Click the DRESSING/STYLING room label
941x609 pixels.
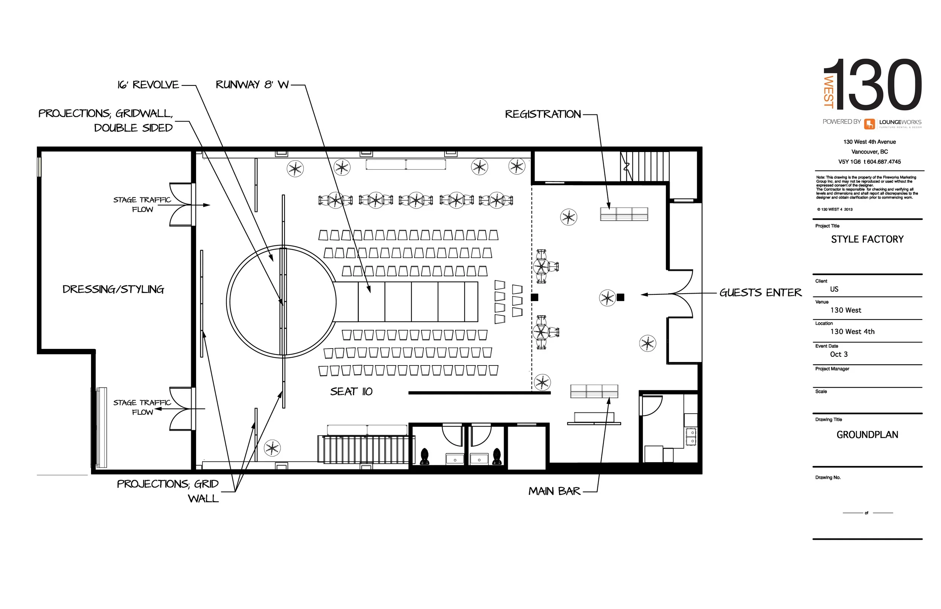click(x=113, y=289)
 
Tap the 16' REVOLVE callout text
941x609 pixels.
click(x=148, y=85)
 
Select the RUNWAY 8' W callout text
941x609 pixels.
click(x=252, y=85)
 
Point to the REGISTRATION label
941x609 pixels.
click(x=543, y=114)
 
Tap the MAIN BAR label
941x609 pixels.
click(x=554, y=491)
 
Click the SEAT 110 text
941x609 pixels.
click(x=351, y=391)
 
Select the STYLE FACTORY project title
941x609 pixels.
click(x=867, y=239)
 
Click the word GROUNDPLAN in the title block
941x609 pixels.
click(x=867, y=435)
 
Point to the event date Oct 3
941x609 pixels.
click(x=839, y=354)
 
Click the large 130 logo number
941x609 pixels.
click(x=879, y=85)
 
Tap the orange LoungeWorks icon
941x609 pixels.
click(x=869, y=124)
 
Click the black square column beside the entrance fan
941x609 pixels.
click(x=620, y=297)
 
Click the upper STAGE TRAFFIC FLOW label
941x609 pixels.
click(x=142, y=204)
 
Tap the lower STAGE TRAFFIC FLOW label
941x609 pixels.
click(x=142, y=407)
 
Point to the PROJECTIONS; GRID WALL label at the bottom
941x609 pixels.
click(x=167, y=491)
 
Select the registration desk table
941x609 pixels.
click(x=624, y=214)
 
